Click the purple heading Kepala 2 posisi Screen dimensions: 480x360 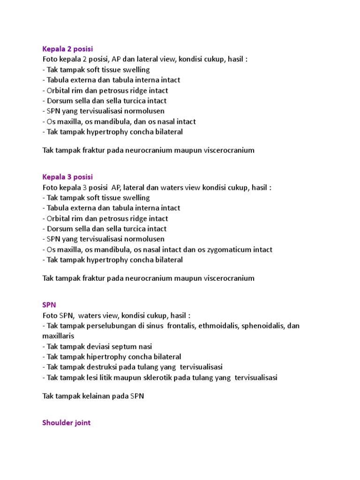[67, 49]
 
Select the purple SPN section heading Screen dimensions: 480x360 [49, 305]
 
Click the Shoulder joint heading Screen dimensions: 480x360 [66, 423]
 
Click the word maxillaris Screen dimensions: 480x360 [58, 336]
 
